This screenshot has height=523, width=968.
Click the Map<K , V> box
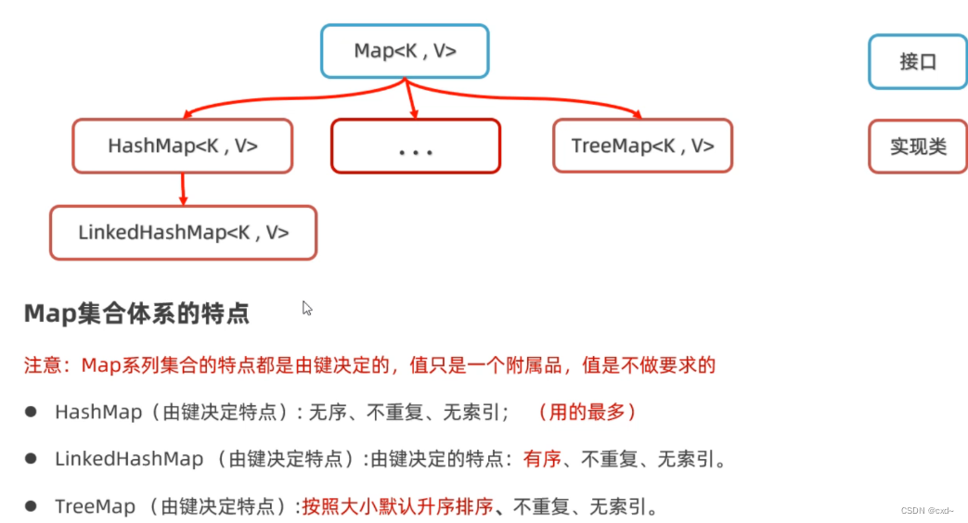[405, 51]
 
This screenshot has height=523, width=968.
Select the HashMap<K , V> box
[183, 146]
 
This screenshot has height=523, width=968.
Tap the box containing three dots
[416, 147]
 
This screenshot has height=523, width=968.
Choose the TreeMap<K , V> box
[642, 146]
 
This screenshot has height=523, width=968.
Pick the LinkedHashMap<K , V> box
[184, 233]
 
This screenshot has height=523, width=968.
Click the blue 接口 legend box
[917, 62]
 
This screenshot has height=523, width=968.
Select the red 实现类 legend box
[917, 147]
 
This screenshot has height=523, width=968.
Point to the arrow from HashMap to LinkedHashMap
[183, 189]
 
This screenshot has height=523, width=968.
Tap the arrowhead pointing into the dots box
[414, 113]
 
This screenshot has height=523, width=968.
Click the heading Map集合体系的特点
[136, 313]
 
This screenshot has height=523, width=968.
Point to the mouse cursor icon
[307, 308]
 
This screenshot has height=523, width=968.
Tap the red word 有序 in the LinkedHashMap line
[542, 458]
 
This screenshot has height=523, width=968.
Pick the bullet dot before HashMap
[31, 411]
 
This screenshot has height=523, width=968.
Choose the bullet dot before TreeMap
[31, 505]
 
